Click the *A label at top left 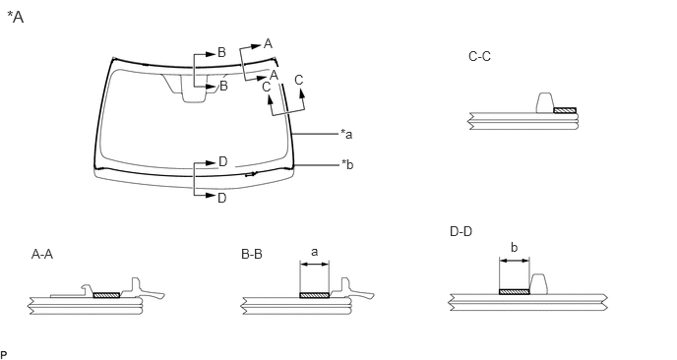(16, 18)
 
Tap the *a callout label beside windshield (346, 134)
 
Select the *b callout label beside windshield (347, 164)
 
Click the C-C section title (479, 56)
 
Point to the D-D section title (461, 232)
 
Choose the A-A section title (42, 254)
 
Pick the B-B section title (252, 254)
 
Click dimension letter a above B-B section (314, 252)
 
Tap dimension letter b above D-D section (515, 248)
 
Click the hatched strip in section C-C (565, 110)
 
